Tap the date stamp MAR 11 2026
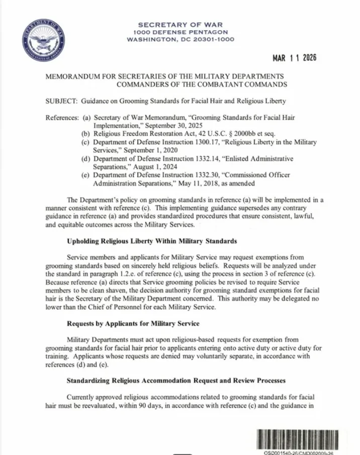(x=295, y=58)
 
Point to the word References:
(x=62, y=117)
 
